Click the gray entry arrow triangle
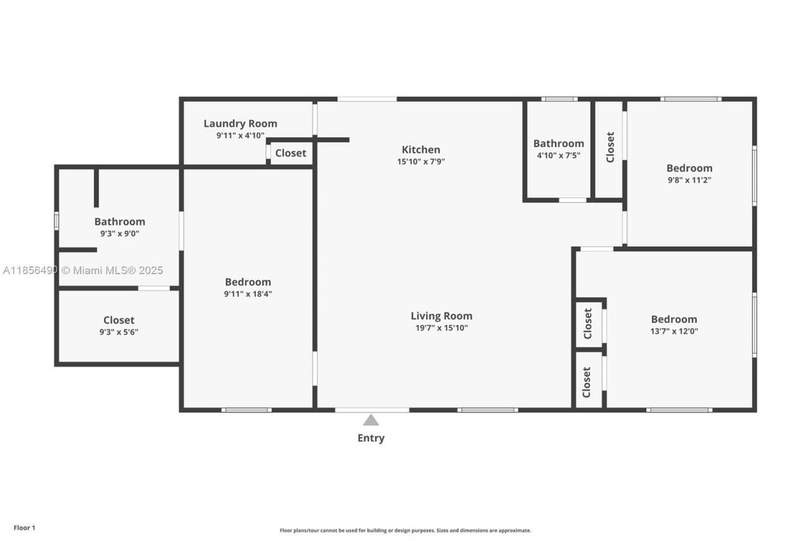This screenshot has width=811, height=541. [371, 420]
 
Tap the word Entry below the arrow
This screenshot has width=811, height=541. [371, 438]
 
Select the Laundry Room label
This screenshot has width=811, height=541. [240, 124]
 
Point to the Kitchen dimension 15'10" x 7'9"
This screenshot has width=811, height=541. [421, 162]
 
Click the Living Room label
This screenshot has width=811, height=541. [441, 316]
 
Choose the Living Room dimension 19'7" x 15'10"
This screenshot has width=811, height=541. [441, 328]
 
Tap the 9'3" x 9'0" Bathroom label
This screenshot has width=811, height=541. [119, 221]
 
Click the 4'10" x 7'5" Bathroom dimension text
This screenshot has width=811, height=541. [558, 155]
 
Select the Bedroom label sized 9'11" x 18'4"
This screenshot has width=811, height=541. [248, 282]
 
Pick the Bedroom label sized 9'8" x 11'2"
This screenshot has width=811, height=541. [689, 168]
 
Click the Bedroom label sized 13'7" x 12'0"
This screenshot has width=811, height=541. [674, 319]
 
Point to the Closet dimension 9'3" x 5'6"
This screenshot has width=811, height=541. [118, 332]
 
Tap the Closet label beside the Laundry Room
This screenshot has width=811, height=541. [290, 153]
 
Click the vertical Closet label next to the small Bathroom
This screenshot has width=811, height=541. [610, 147]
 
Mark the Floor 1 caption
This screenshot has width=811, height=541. [25, 528]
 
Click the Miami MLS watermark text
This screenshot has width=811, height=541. [83, 271]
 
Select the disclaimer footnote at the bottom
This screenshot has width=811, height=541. [405, 530]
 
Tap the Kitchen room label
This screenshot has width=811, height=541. [421, 150]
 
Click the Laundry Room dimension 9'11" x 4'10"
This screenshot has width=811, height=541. [240, 136]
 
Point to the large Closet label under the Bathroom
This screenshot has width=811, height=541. [118, 320]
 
